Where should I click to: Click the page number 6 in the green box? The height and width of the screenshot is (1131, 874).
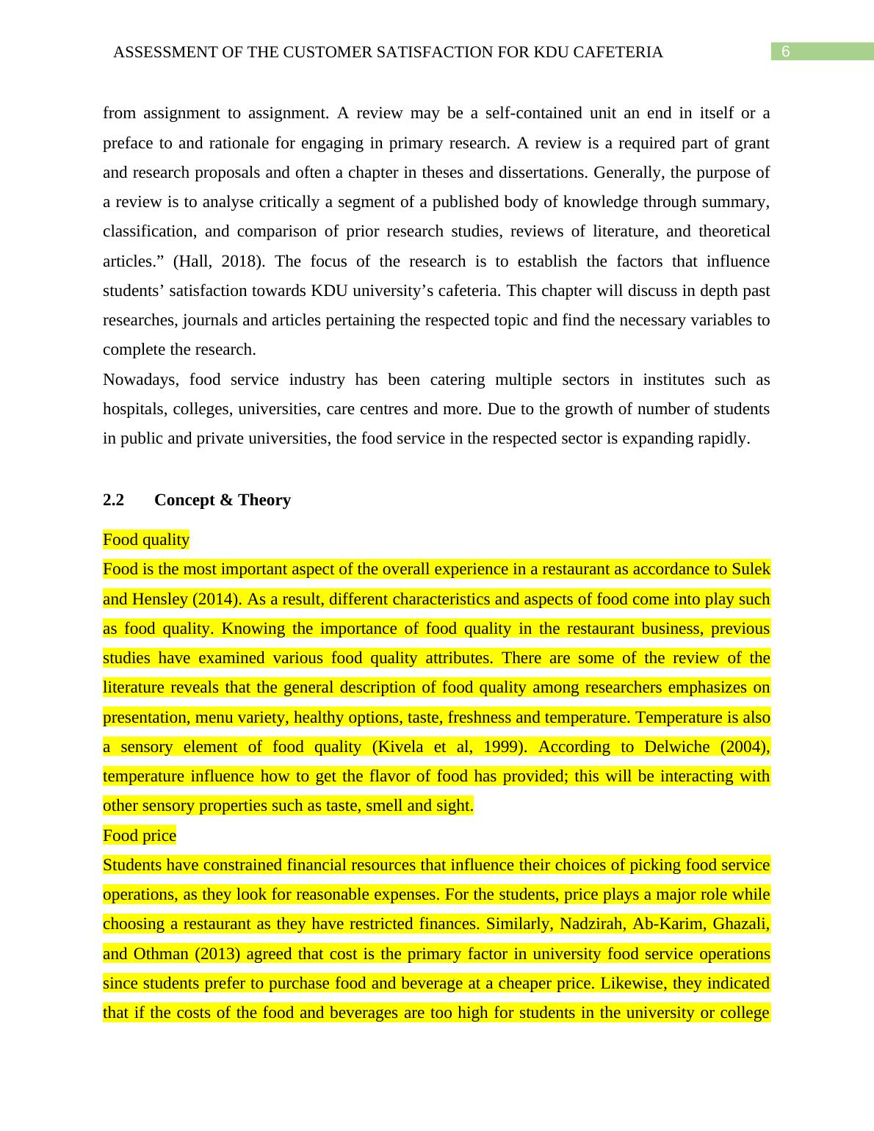(785, 51)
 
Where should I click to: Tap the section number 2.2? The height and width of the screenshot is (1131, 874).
(113, 500)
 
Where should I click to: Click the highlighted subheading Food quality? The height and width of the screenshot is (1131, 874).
(146, 540)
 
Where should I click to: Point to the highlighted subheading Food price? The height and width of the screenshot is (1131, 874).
(140, 836)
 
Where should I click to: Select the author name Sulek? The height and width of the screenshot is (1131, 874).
(751, 569)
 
